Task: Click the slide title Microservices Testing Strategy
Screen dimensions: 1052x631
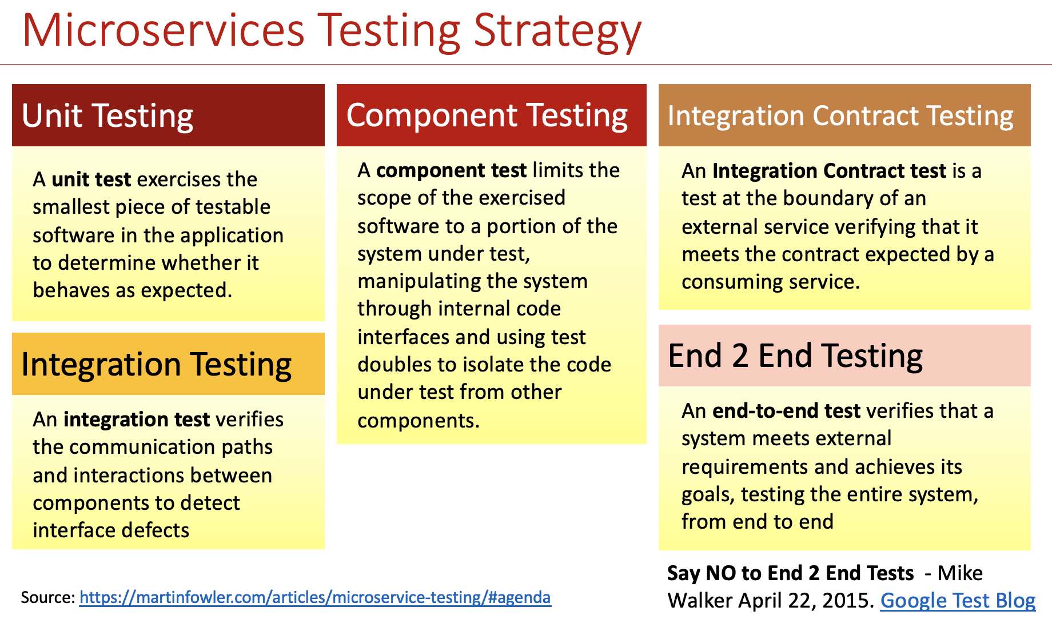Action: (332, 31)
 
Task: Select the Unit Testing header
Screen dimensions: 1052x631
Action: (168, 115)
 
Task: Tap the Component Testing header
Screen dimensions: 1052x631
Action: (492, 115)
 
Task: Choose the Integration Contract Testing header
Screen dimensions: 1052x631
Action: (844, 115)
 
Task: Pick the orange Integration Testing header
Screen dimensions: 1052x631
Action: (168, 364)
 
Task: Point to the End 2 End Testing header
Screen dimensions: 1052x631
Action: (844, 356)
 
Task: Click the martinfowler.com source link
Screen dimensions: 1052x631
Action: (315, 598)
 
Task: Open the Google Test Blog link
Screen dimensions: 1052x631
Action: (958, 601)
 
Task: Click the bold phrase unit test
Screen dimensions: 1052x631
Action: (91, 179)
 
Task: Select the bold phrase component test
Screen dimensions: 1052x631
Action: (451, 170)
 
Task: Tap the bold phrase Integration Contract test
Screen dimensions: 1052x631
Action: (829, 171)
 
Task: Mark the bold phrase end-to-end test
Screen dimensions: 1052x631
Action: (786, 411)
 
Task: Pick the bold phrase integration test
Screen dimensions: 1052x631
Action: (137, 420)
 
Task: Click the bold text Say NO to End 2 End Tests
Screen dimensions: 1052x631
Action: (791, 573)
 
